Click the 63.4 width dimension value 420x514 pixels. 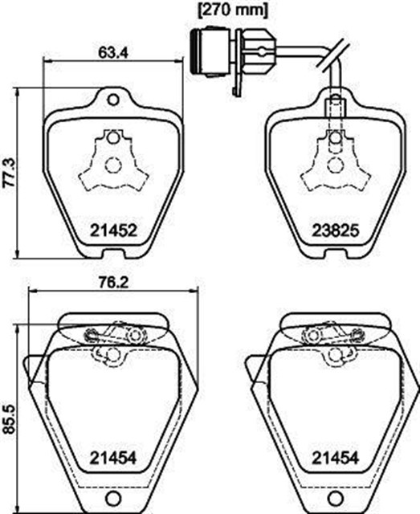112,53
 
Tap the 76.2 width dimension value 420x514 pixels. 113,283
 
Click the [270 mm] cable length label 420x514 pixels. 232,10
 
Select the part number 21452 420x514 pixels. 113,230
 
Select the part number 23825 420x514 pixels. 335,230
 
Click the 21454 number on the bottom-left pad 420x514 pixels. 113,458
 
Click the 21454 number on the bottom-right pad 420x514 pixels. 335,458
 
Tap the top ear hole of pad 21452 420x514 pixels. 113,100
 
